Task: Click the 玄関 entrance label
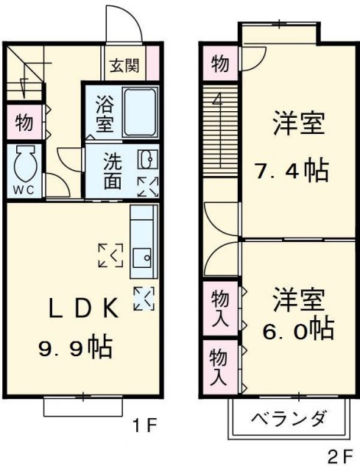pos(124,65)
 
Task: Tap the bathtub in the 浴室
pos(141,111)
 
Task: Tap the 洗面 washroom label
pos(113,171)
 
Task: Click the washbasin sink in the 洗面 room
pos(147,160)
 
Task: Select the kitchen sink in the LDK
pos(141,259)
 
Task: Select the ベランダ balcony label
pos(289,420)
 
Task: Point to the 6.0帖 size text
pos(297,328)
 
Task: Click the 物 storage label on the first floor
pos(23,123)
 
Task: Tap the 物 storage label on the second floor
pos(219,64)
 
